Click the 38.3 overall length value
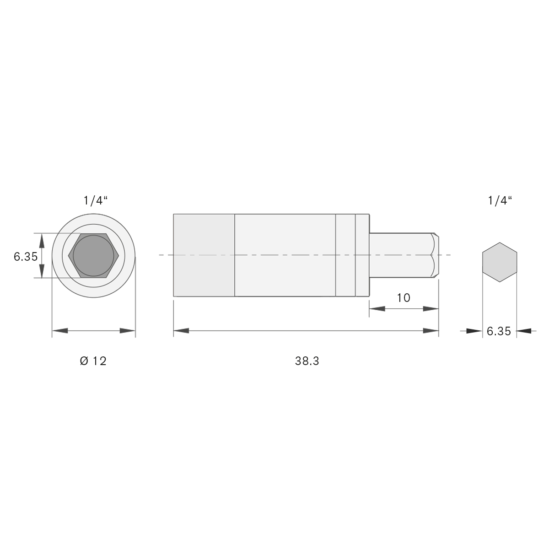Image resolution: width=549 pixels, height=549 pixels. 307,361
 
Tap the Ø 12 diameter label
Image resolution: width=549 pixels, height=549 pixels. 93,361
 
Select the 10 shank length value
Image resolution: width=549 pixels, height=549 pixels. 404,298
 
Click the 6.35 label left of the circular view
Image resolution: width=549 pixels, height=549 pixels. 26,257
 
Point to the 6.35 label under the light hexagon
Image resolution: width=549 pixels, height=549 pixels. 499,331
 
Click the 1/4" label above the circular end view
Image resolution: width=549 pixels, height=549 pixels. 96,201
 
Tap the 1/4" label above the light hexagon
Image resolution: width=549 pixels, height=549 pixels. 500,201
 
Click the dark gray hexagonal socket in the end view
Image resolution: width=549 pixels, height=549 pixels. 93,256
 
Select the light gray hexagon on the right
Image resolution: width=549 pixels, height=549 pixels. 500,262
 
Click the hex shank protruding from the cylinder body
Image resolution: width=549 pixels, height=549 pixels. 404,255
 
